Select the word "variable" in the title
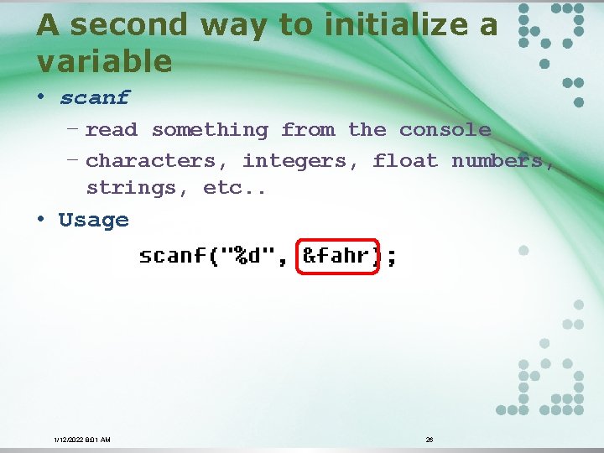(104, 61)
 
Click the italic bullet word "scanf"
(94, 97)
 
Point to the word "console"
(445, 130)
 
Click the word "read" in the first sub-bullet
(112, 130)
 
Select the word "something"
(210, 130)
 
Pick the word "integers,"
(300, 160)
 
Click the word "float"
(405, 160)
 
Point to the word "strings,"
(138, 188)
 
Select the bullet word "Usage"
(94, 221)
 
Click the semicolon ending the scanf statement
(391, 257)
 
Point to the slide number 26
(430, 440)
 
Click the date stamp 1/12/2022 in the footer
(68, 440)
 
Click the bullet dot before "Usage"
(40, 220)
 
